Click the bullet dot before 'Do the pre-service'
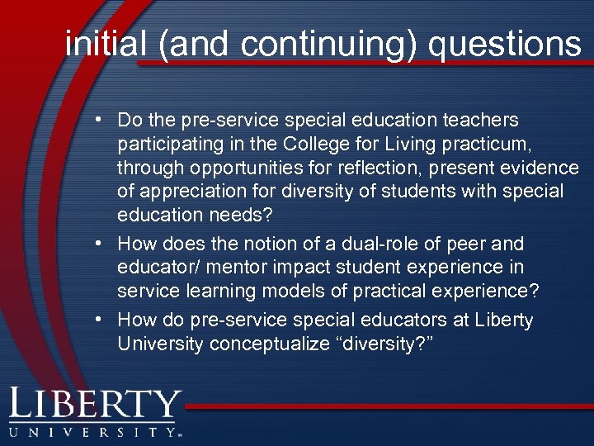click(x=98, y=121)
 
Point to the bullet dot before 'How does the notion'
click(x=98, y=244)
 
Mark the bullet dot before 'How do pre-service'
click(x=98, y=320)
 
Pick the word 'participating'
click(x=168, y=145)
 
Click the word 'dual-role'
click(x=394, y=244)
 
